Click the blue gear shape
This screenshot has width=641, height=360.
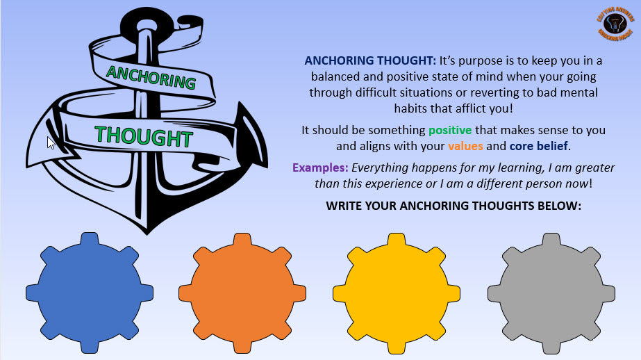pos(90,293)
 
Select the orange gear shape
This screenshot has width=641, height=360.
pos(242,293)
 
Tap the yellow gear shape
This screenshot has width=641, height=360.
pos(396,293)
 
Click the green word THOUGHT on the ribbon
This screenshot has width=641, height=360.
pos(143,135)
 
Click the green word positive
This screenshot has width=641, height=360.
pos(450,130)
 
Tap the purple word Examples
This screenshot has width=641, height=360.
pos(320,167)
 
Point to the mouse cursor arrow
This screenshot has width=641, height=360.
pos(50,142)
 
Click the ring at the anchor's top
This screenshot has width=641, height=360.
pos(145,26)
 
